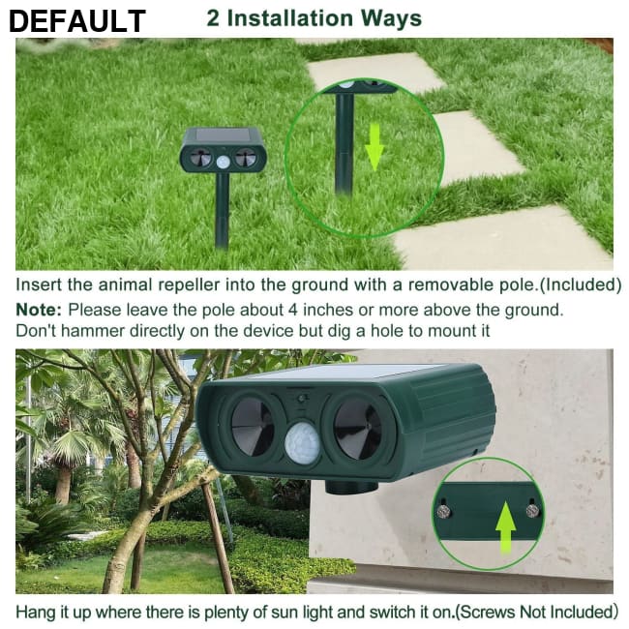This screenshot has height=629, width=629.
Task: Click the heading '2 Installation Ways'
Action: coord(314,18)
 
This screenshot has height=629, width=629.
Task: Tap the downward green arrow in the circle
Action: coord(375,148)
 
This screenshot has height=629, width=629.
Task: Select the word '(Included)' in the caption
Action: coord(579,285)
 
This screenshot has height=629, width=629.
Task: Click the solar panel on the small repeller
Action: coord(223,135)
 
